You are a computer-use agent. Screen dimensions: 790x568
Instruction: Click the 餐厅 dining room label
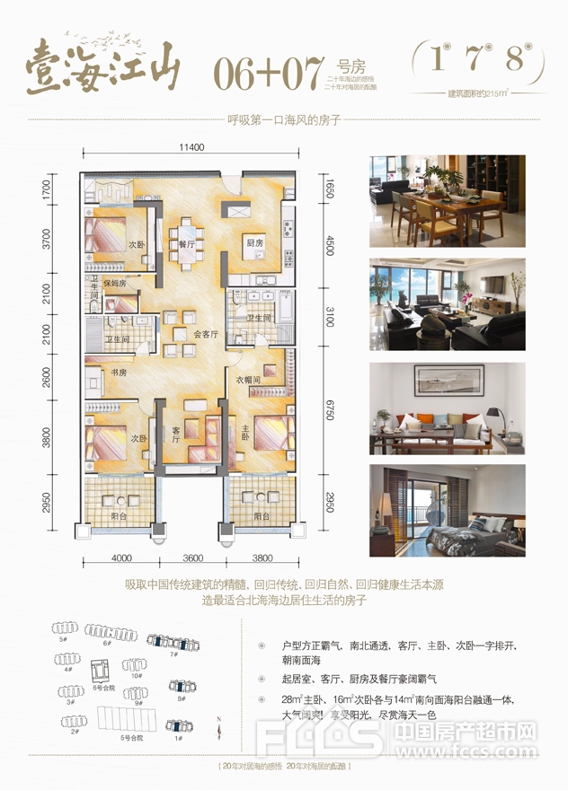point(187,243)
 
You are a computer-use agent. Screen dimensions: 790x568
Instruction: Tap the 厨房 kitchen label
point(254,243)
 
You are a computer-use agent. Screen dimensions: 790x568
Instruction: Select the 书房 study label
point(118,372)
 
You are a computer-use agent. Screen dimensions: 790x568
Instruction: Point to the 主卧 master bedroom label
point(242,429)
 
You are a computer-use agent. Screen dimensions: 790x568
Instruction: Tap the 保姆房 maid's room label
point(116,284)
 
